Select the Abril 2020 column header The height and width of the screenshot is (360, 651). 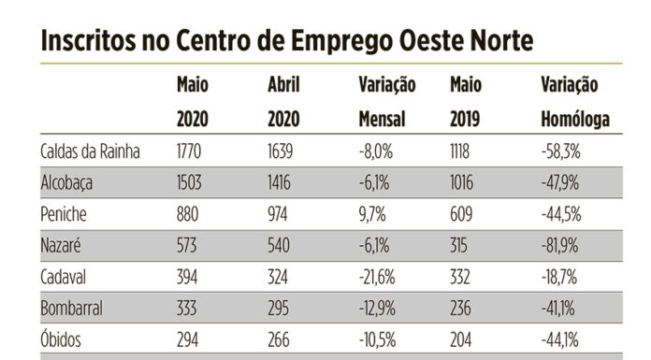click(284, 102)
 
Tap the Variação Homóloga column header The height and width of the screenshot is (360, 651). click(575, 102)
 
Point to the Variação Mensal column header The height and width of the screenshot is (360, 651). click(387, 102)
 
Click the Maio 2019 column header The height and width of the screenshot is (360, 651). click(468, 102)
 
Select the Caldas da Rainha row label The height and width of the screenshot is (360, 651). click(91, 151)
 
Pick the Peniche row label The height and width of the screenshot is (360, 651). click(65, 214)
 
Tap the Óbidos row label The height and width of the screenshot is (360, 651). click(63, 340)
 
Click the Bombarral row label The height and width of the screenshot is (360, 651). click(71, 309)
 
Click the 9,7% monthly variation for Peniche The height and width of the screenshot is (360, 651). click(371, 214)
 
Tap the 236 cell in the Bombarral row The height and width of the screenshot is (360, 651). click(462, 309)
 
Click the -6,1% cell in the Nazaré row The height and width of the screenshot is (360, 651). click(374, 246)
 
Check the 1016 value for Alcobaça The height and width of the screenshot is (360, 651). click(465, 182)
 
